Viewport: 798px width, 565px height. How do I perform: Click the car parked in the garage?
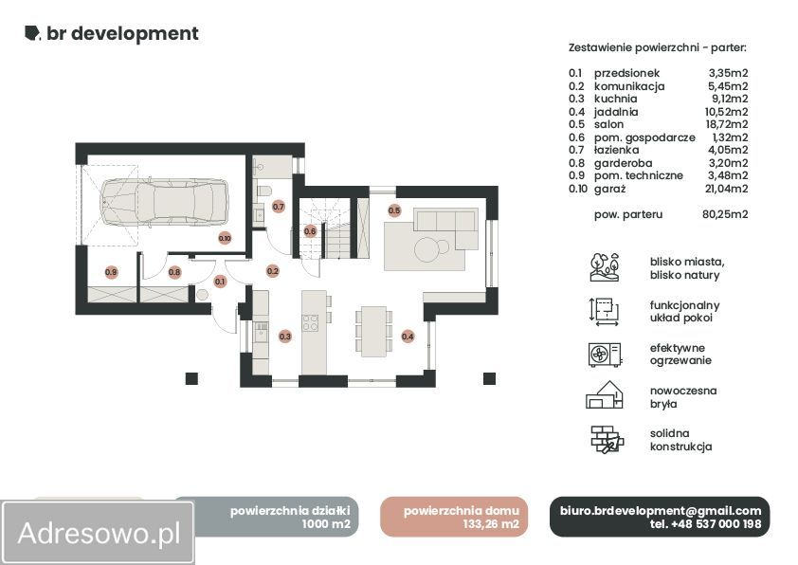[x=164, y=202]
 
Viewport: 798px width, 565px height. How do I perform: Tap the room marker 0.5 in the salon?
[x=394, y=210]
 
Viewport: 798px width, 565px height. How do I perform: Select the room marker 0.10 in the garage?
[x=225, y=238]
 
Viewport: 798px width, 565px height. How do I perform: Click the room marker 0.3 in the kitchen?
[x=285, y=336]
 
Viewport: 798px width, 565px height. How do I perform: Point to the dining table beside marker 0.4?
[x=374, y=331]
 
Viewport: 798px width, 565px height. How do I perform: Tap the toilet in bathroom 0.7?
[x=264, y=191]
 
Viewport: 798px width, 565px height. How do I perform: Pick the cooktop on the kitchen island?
[x=311, y=322]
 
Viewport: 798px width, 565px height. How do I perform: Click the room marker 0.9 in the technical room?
[x=111, y=272]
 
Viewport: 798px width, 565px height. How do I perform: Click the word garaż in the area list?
[x=609, y=189]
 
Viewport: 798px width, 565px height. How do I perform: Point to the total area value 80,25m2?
[x=725, y=214]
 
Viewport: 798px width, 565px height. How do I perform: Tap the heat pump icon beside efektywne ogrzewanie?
[x=604, y=355]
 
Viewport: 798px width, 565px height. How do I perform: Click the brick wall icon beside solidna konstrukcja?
[x=607, y=440]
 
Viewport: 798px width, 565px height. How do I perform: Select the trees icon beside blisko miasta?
[x=605, y=267]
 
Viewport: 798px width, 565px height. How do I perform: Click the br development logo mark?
[x=32, y=33]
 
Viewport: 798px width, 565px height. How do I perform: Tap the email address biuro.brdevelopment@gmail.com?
[x=661, y=511]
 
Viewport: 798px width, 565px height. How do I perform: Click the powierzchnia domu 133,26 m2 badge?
[x=454, y=517]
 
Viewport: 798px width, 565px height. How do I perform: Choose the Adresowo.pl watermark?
[x=99, y=533]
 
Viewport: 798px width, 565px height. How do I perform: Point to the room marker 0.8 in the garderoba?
[x=174, y=272]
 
